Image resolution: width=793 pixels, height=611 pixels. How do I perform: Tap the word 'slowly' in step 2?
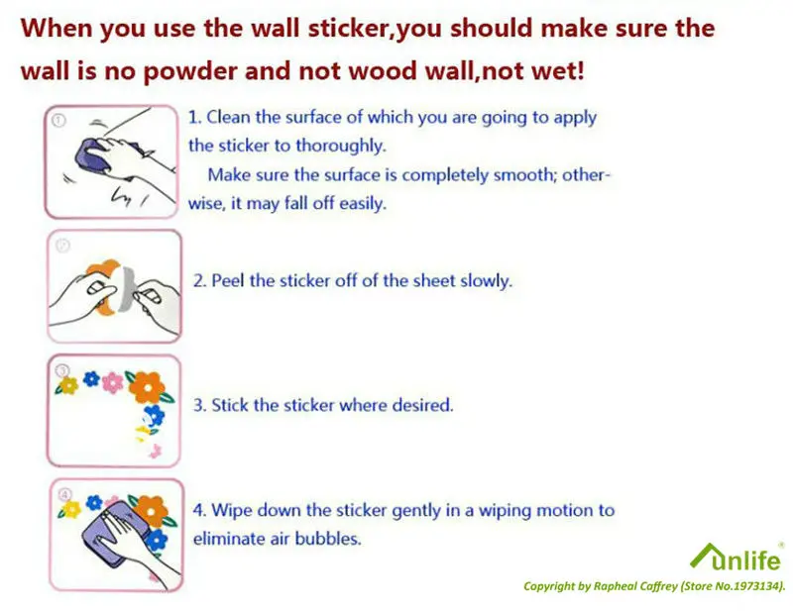[x=486, y=281]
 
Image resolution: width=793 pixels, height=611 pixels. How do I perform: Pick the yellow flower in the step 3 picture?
[x=67, y=384]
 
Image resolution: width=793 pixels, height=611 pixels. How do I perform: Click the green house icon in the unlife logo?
[x=704, y=556]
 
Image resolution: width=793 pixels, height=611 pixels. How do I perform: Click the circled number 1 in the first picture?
[x=58, y=121]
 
